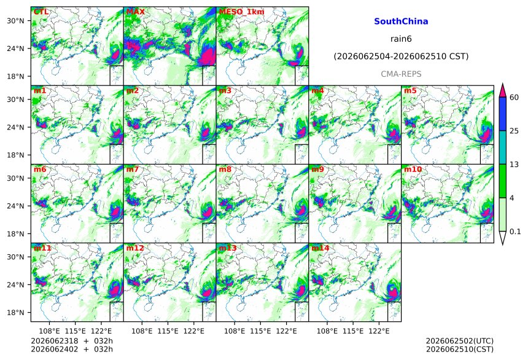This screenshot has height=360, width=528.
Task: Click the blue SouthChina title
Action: coord(401,22)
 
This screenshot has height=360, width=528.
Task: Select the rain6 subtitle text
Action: coord(401,39)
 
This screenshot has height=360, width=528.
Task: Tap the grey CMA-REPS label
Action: coord(401,74)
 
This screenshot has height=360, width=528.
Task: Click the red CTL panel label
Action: coord(41,12)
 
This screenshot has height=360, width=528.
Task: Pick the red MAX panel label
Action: coord(135,12)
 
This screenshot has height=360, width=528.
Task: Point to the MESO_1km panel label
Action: coord(241,12)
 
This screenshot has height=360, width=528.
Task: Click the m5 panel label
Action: coord(410,91)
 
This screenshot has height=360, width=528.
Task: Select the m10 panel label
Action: coord(413,169)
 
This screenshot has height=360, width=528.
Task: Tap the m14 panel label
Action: coord(320,248)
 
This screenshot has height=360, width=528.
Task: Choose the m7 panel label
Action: coord(133,169)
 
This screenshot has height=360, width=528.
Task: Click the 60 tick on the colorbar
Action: coord(514,98)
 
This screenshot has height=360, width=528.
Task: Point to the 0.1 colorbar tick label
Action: coord(515,232)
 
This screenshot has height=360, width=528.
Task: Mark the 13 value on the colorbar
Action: coord(514,165)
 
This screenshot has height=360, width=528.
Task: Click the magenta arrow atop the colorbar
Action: coord(503,90)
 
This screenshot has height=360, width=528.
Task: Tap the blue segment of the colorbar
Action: coord(503,114)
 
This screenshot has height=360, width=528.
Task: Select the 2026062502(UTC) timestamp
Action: coord(460,341)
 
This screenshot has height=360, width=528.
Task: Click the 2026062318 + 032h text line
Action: coord(72,341)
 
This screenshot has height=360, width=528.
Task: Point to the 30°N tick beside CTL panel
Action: coord(15,21)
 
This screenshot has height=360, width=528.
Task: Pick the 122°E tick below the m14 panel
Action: coord(379,331)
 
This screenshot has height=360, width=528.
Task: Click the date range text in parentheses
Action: coord(401,57)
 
